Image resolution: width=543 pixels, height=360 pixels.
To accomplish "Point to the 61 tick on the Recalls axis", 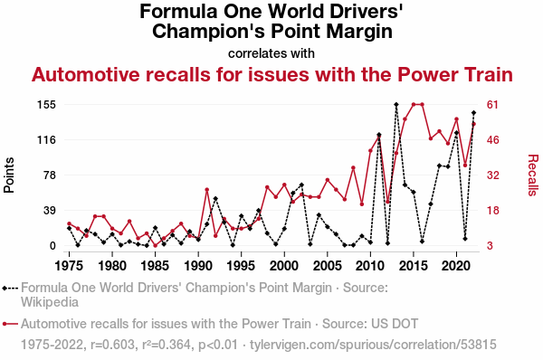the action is [492, 105].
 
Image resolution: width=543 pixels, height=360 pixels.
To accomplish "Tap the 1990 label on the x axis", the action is [198, 266].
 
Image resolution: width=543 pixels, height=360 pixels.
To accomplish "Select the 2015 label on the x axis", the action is [414, 266].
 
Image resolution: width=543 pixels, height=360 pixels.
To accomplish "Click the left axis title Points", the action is [9, 175].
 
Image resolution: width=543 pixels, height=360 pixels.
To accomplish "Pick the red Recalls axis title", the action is [533, 175].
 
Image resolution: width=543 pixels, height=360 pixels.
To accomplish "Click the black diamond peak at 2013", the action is [396, 104].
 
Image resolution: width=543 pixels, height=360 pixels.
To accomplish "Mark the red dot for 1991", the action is [206, 189].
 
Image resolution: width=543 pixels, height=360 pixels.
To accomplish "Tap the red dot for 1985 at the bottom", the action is [155, 246].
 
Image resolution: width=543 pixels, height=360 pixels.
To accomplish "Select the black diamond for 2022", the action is [473, 112].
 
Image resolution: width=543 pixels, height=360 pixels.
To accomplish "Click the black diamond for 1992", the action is [215, 198].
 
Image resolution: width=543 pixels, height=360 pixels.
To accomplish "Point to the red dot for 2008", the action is [353, 167].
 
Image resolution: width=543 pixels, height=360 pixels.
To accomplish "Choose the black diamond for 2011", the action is [379, 134].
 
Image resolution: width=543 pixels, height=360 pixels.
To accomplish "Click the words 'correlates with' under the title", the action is [271, 53].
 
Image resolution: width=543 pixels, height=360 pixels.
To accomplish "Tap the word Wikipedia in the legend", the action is [50, 302].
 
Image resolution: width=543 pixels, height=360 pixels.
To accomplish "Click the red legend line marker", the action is [10, 324].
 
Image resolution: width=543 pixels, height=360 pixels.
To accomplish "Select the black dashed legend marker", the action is [10, 288].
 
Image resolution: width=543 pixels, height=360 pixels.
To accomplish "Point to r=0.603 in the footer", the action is [112, 345].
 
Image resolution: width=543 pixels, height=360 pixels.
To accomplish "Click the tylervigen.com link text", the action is [373, 345].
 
